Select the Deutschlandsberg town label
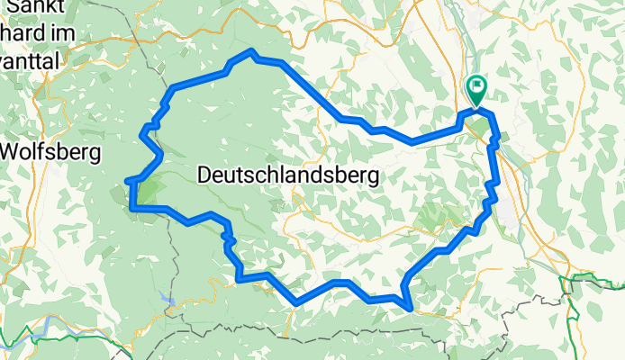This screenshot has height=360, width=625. pyautogui.click(x=286, y=174)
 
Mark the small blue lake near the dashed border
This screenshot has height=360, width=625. pyautogui.click(x=165, y=296)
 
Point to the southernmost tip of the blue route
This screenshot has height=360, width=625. pyautogui.click(x=412, y=310)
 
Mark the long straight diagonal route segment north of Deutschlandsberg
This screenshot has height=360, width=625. pyautogui.click(x=312, y=91)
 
